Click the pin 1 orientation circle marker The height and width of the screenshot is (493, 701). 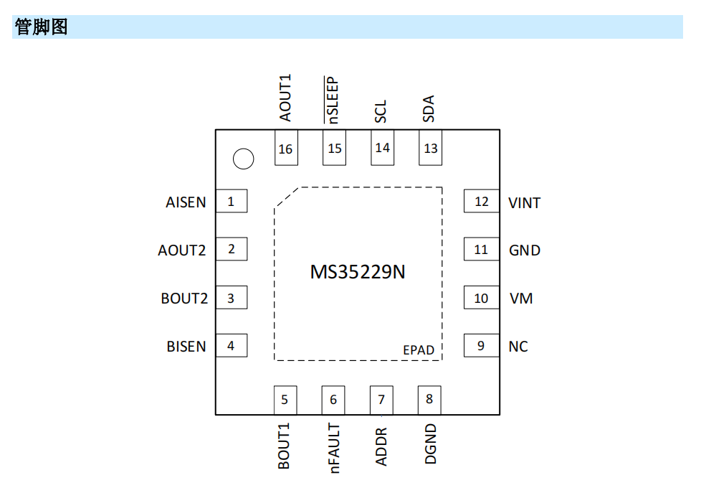click(244, 159)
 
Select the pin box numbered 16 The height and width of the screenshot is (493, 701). click(286, 149)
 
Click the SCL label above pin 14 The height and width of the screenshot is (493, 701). click(381, 111)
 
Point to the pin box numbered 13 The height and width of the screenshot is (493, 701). click(431, 148)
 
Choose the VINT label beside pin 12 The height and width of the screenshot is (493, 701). click(524, 203)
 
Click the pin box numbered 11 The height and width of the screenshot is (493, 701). click(481, 250)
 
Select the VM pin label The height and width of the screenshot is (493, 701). click(521, 298)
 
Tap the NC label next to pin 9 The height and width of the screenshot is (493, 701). click(518, 346)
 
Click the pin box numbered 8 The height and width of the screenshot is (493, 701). click(429, 400)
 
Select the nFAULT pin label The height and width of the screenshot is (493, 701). click(334, 448)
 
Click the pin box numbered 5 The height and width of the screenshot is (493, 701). click(285, 400)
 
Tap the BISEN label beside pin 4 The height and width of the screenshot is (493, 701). click(186, 347)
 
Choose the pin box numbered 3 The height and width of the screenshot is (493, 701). click(231, 298)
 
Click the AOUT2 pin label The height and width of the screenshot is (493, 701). click(182, 250)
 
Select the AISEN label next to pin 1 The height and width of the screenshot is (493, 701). click(186, 202)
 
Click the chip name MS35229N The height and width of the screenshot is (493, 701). click(358, 273)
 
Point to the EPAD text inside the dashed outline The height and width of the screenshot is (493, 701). click(419, 350)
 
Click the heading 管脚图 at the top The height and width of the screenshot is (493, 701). click(41, 27)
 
